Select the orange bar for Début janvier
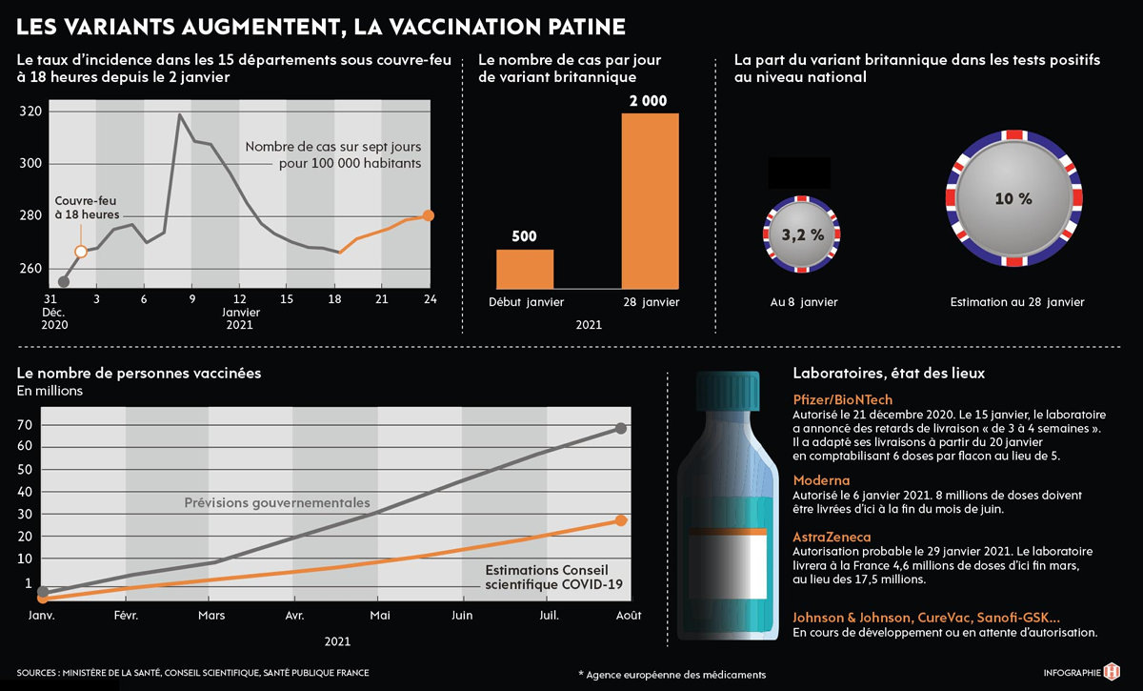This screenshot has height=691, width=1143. pyautogui.click(x=525, y=269)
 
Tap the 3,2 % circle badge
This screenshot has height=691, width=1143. pyautogui.click(x=802, y=234)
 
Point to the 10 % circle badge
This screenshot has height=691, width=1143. pyautogui.click(x=1013, y=199)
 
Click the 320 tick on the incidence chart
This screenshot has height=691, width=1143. pyautogui.click(x=30, y=112)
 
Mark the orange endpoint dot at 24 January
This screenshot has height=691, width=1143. pyautogui.click(x=429, y=215)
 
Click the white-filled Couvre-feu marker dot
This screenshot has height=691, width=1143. pyautogui.click(x=81, y=251)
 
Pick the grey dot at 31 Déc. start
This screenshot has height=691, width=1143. pyautogui.click(x=64, y=282)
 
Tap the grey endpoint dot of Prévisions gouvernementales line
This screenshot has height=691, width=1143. pyautogui.click(x=621, y=428)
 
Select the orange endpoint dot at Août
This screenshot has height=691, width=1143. pyautogui.click(x=621, y=520)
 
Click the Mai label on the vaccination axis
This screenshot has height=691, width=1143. pyautogui.click(x=380, y=616)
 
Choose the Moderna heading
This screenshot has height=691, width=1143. pyautogui.click(x=821, y=480)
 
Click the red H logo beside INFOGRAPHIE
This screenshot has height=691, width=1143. pyautogui.click(x=1111, y=672)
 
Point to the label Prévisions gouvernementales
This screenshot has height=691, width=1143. pyautogui.click(x=277, y=503)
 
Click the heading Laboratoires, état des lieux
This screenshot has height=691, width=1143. pyautogui.click(x=889, y=373)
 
